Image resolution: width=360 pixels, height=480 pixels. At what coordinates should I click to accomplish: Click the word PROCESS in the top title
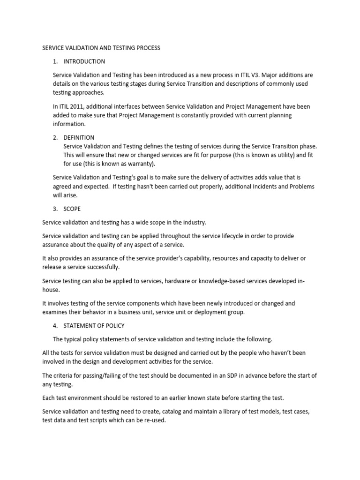(147, 48)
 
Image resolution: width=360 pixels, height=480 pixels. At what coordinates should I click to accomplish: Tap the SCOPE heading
(73, 209)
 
